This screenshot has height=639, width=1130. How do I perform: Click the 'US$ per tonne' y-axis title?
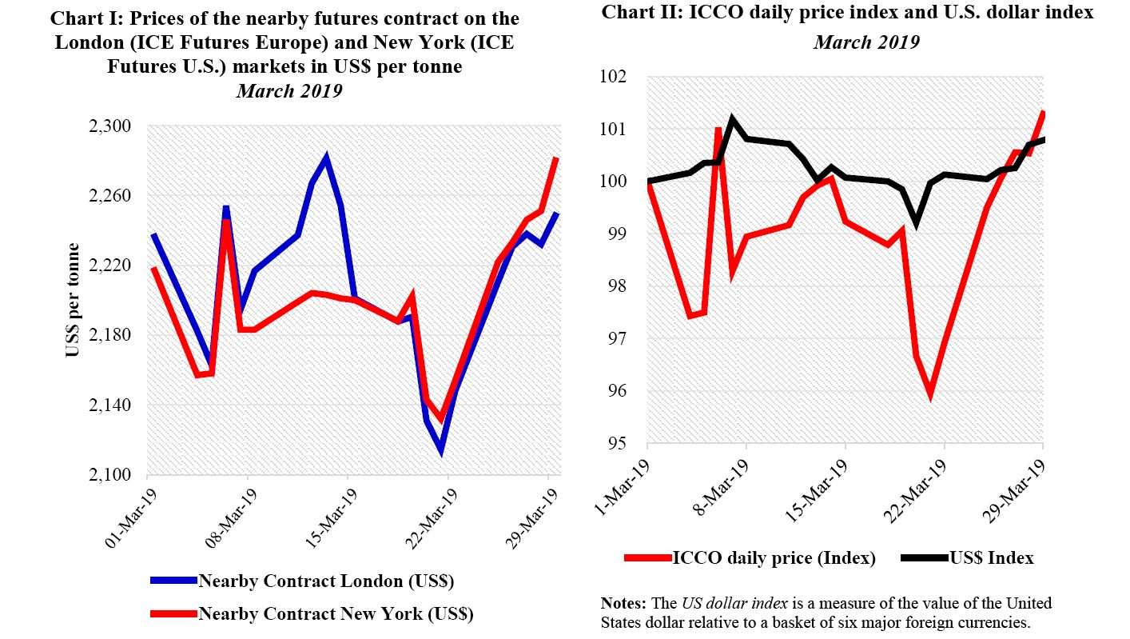[73, 300]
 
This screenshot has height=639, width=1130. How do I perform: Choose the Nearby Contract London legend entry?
[326, 581]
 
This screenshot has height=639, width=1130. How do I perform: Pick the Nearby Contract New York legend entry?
[336, 614]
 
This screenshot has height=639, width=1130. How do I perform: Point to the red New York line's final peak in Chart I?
[555, 158]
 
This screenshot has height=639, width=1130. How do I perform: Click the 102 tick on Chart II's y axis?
[616, 77]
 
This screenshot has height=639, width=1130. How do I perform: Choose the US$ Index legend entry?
[991, 558]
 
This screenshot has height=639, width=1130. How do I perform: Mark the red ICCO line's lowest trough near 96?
[930, 395]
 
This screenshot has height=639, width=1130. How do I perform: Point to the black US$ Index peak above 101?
[733, 119]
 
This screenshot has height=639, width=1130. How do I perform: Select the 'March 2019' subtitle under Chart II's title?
[866, 42]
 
